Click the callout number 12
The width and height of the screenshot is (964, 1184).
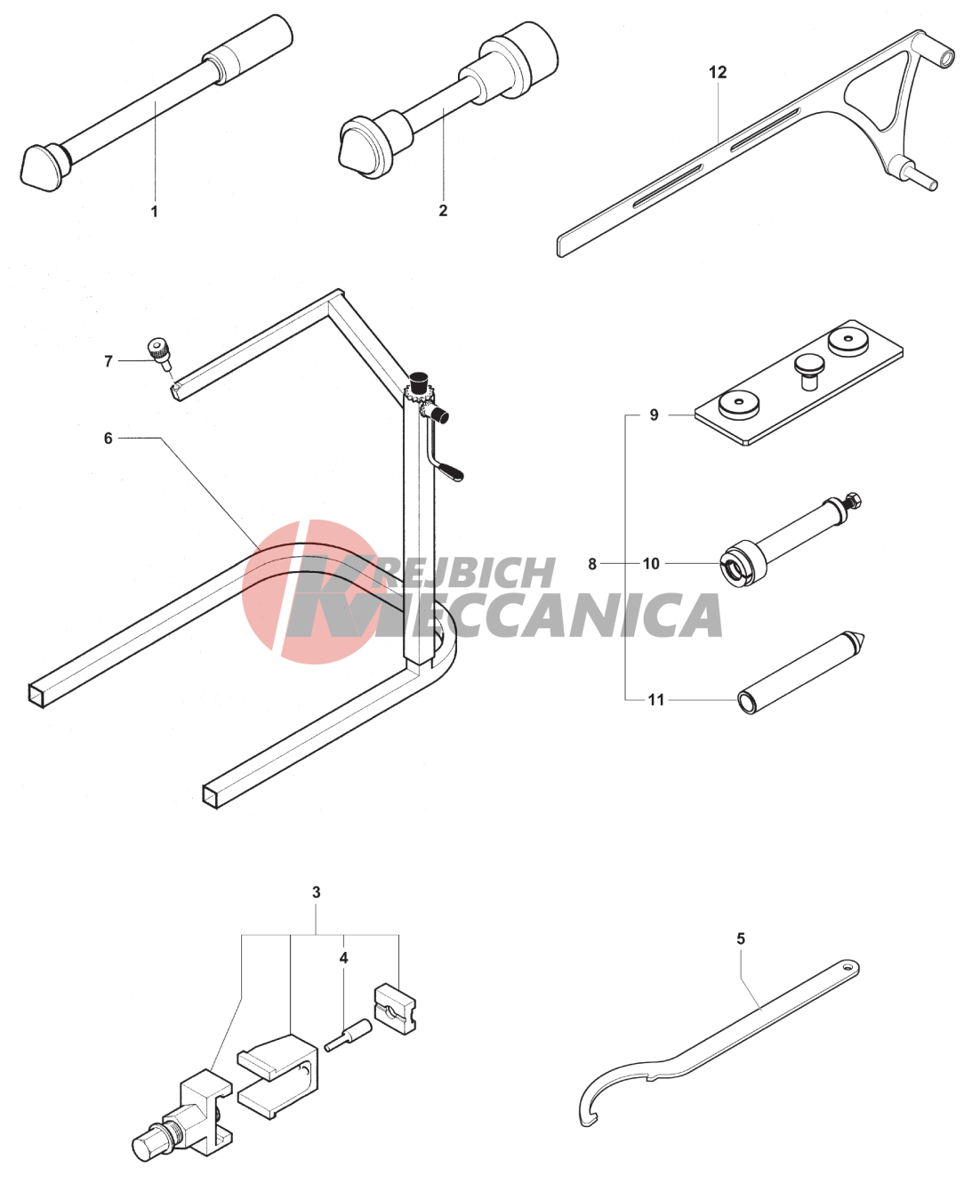718,72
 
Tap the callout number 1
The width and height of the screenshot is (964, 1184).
155,211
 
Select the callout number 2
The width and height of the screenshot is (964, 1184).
443,210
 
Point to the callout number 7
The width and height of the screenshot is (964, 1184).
108,361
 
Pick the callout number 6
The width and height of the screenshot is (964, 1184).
108,438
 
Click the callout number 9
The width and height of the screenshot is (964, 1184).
654,415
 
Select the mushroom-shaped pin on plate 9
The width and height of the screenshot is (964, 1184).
807,369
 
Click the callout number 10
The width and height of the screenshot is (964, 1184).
651,564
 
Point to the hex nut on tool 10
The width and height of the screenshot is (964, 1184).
852,499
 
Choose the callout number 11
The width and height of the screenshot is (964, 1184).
656,700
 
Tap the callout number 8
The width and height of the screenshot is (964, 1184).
592,564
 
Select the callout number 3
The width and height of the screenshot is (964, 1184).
317,892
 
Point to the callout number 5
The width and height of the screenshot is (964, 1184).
741,938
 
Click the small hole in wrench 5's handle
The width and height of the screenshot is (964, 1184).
847,968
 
